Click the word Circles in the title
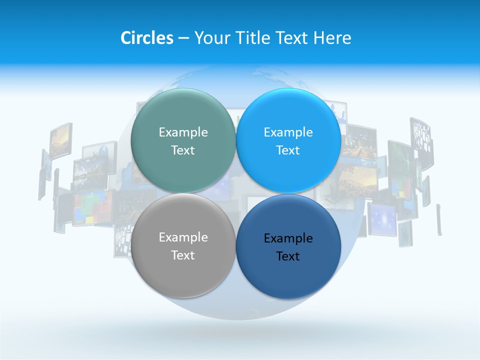tap(146, 38)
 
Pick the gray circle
tap(183, 270)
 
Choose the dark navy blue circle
tap(288, 273)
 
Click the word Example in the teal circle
tap(183, 132)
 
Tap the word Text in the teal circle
tap(183, 150)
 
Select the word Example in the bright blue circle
tap(288, 132)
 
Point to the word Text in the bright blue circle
tap(288, 150)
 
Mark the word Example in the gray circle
tap(183, 237)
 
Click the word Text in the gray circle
tap(183, 255)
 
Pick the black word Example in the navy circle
tap(288, 238)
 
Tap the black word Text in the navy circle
tap(288, 256)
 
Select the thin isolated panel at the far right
tap(439, 219)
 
